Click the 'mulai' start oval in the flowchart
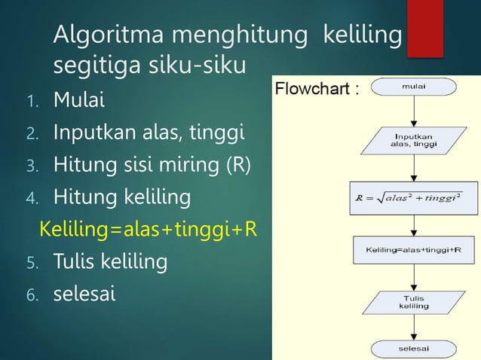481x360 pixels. [x=413, y=87]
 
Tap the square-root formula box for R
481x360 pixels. [x=413, y=198]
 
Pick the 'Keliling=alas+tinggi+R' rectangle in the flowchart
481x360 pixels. [x=413, y=249]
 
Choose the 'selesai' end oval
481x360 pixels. [x=413, y=349]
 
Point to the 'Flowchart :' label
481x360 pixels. [x=316, y=90]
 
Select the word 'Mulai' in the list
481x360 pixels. [x=79, y=99]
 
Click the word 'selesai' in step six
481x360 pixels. [x=84, y=294]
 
